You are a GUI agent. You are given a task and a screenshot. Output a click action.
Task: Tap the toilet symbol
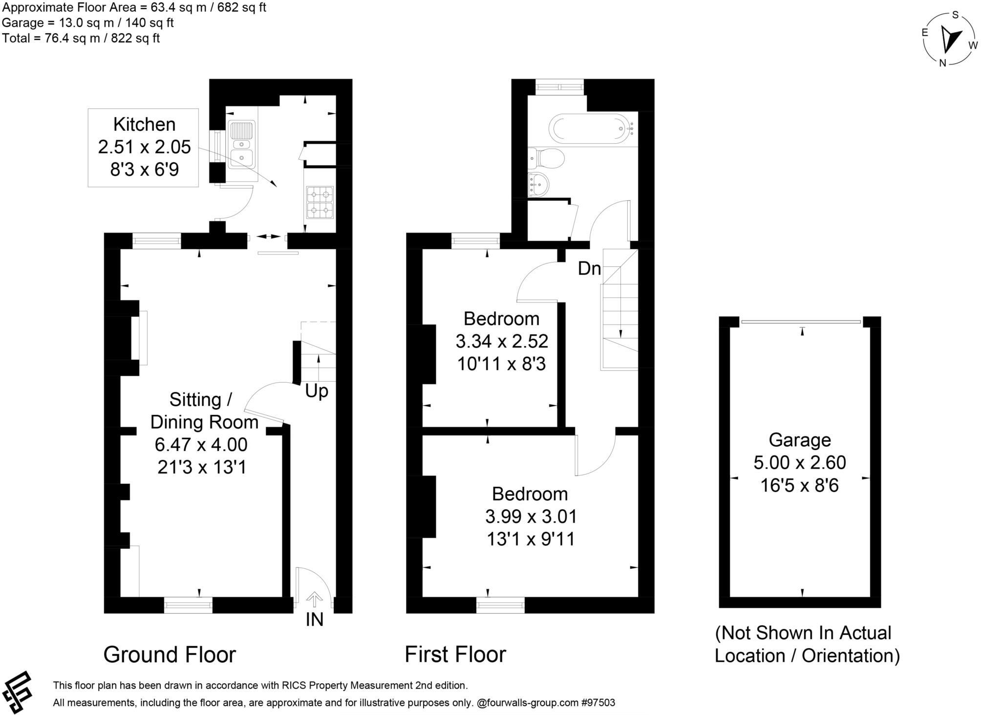point(547,158)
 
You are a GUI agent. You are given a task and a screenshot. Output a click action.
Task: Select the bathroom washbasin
point(539,185)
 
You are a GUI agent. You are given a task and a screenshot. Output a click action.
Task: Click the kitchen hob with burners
point(320,202)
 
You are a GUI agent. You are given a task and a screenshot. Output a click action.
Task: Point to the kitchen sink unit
point(241,145)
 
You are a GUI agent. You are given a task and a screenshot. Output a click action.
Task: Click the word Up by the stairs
point(317,391)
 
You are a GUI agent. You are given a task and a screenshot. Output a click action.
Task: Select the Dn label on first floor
point(589,268)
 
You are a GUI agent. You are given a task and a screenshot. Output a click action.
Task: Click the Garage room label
point(799,440)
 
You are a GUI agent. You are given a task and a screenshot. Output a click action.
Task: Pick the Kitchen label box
point(144,147)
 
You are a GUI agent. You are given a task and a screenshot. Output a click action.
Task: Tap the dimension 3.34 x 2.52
point(502,341)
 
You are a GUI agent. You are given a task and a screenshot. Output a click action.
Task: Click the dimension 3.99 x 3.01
point(531,517)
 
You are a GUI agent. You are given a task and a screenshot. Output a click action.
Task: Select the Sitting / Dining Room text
point(204,411)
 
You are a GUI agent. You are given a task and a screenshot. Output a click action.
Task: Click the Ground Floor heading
point(170,654)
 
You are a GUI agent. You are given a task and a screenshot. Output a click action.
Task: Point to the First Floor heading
point(455,654)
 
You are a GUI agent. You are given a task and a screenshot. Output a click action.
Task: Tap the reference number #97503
point(597,703)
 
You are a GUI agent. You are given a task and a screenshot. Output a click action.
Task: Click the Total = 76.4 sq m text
point(81,38)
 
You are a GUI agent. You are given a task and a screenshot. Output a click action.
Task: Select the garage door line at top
point(801,322)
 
